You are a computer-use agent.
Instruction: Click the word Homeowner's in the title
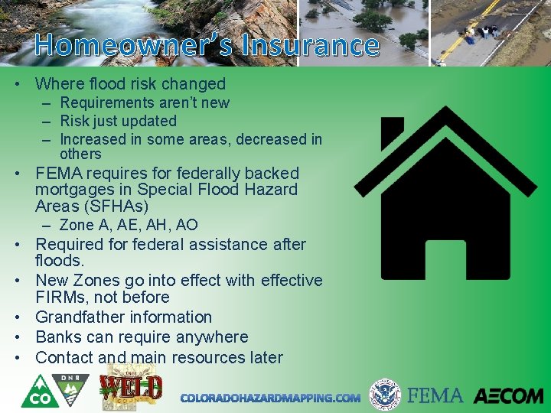[126, 45]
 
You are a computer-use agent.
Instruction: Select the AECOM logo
[507, 395]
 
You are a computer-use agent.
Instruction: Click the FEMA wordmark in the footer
[435, 395]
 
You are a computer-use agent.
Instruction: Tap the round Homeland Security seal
[385, 395]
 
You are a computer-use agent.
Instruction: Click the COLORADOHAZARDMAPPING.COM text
[270, 398]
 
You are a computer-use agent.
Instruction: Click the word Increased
[96, 139]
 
